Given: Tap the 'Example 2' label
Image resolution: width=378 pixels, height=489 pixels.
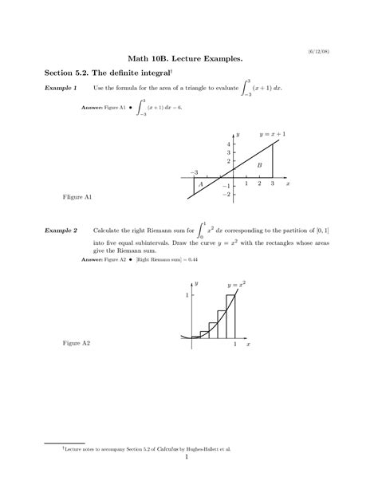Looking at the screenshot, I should click(61, 231).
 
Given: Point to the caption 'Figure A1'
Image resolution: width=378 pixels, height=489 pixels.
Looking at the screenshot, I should click(77, 196).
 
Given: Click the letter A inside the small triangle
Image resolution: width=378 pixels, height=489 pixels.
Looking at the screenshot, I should click(201, 184).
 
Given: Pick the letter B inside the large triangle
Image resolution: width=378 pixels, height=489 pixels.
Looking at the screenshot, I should click(258, 165).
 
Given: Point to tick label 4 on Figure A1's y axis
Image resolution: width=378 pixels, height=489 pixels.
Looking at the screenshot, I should click(228, 144).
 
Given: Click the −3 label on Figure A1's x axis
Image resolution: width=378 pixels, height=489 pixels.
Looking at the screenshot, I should click(194, 172).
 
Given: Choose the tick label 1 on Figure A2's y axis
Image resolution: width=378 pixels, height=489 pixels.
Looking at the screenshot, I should click(187, 295).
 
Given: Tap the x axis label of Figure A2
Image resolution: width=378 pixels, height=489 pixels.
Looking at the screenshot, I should click(249, 344).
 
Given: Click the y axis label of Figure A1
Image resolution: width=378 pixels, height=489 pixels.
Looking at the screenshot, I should click(238, 132).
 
